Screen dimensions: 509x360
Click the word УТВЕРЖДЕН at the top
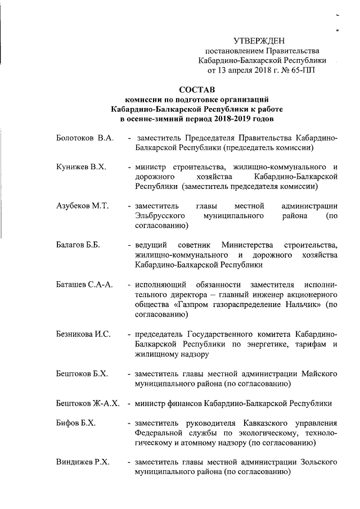click(x=259, y=40)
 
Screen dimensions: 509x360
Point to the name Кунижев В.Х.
click(x=82, y=168)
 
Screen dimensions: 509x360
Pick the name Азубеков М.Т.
click(x=82, y=206)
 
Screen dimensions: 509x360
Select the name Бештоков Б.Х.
click(x=82, y=374)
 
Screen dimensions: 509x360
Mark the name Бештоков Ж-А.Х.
click(x=88, y=404)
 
